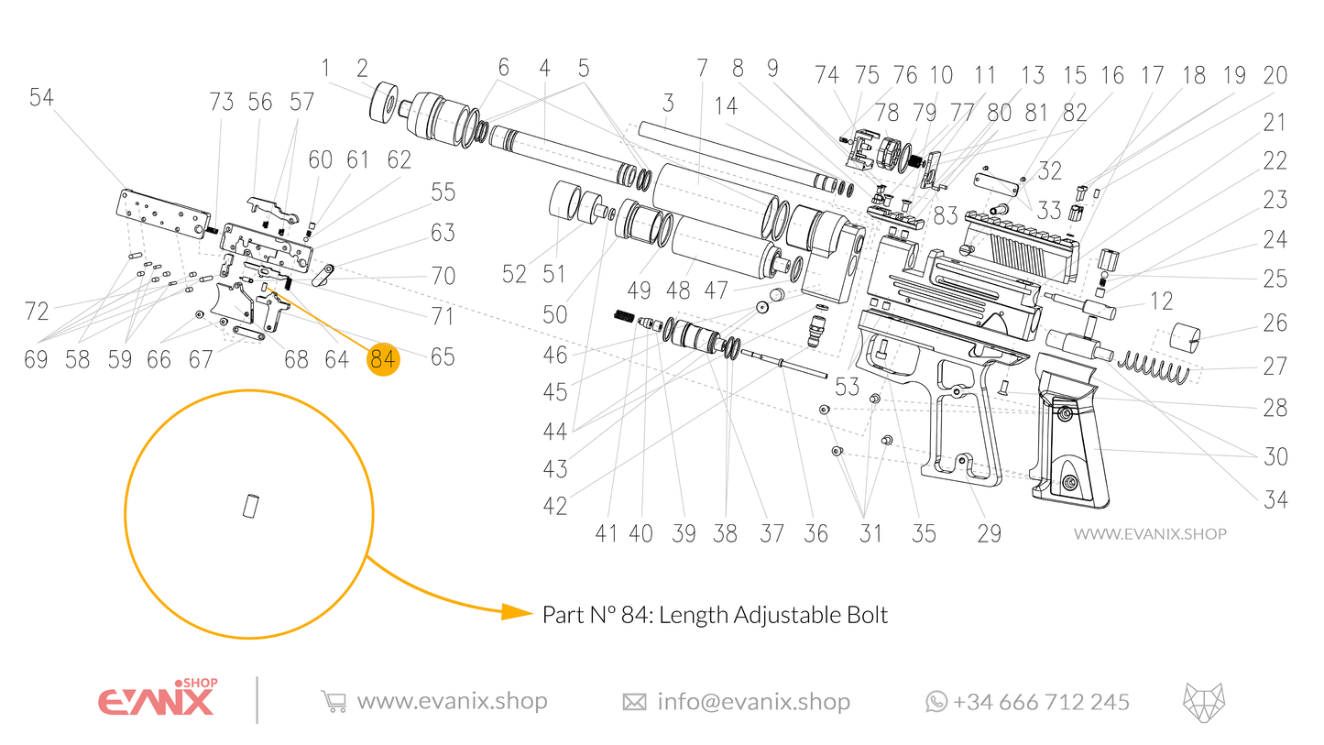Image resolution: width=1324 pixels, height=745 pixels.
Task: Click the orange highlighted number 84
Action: [383, 358]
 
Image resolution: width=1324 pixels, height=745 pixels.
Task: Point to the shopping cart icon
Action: [334, 702]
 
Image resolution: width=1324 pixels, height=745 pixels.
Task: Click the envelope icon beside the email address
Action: [634, 702]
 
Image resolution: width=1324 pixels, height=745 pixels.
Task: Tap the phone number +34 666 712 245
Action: [1041, 702]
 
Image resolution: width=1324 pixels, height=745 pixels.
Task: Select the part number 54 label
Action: [41, 98]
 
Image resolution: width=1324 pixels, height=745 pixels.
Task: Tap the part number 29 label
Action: [990, 533]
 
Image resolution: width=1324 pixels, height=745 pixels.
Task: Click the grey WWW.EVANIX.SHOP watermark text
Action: [1149, 533]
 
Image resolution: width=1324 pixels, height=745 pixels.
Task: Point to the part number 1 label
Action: [324, 68]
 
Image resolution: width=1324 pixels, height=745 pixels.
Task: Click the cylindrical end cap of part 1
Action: [388, 102]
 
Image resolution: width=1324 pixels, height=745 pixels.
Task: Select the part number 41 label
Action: [606, 533]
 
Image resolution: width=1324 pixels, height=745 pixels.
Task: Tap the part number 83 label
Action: [946, 215]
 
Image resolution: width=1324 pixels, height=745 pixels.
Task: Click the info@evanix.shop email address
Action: [753, 702]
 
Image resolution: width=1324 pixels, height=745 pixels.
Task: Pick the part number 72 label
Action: [37, 312]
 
